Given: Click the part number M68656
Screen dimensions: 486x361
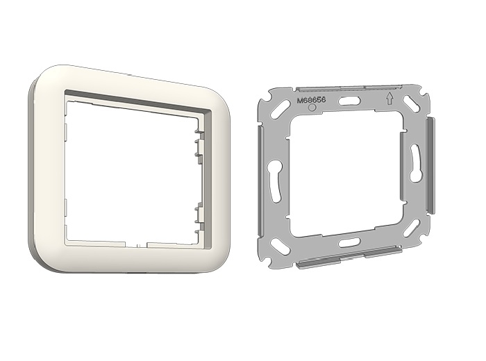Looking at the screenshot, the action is [x=311, y=101].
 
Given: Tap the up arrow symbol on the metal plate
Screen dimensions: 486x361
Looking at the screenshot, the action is [x=389, y=99].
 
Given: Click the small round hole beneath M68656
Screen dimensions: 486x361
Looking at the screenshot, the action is [x=312, y=107].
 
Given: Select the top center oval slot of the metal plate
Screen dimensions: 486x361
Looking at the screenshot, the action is [x=349, y=101].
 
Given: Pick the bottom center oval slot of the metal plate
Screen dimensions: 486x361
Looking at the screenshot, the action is [x=349, y=242].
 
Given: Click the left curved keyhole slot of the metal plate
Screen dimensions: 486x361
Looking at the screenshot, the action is [x=275, y=180].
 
